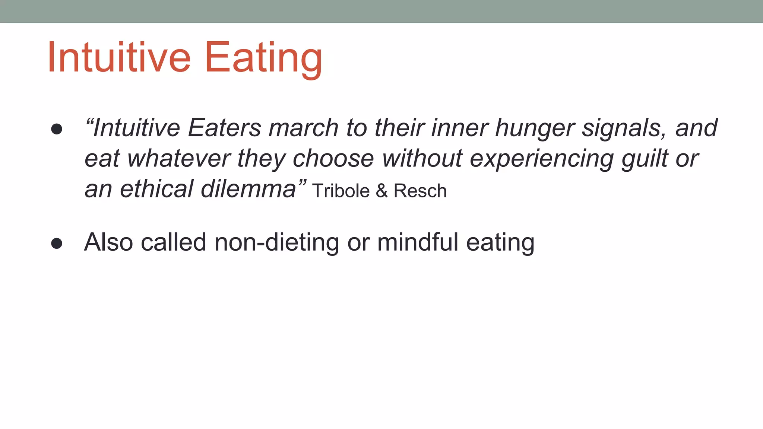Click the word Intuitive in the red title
118,58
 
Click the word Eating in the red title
263,58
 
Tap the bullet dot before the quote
57,129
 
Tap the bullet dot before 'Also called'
57,244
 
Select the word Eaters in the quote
224,128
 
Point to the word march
303,128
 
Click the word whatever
179,159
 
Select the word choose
333,159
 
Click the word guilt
645,159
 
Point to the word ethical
156,189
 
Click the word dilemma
248,189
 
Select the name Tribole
341,191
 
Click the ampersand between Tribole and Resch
381,191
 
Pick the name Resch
420,191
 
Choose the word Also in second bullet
108,242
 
